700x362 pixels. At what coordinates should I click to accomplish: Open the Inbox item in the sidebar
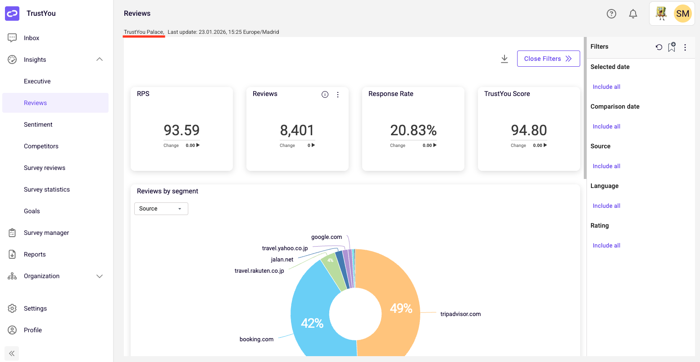point(31,38)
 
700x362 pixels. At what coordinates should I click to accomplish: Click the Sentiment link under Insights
point(38,124)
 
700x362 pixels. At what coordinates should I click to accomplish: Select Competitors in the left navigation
point(41,146)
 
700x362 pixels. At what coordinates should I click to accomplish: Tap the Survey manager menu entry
point(46,233)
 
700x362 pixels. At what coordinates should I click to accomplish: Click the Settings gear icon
point(12,308)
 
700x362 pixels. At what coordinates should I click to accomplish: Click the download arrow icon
point(505,59)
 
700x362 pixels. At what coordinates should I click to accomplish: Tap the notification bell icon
point(633,14)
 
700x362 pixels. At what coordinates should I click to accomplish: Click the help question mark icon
point(611,14)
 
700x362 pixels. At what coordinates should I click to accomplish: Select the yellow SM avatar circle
point(682,14)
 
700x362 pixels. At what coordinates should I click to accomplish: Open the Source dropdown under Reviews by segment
point(161,209)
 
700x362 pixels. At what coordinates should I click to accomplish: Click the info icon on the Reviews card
point(325,95)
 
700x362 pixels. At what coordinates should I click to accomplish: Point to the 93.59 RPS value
point(182,130)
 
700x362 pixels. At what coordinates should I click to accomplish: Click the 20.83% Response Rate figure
point(413,130)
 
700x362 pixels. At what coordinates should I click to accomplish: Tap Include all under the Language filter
point(606,206)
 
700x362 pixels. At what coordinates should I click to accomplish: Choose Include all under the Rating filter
point(606,246)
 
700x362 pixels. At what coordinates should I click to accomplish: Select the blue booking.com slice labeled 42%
point(313,322)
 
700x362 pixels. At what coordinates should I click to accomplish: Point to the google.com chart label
point(327,237)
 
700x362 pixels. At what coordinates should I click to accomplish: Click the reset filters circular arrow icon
point(659,47)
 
